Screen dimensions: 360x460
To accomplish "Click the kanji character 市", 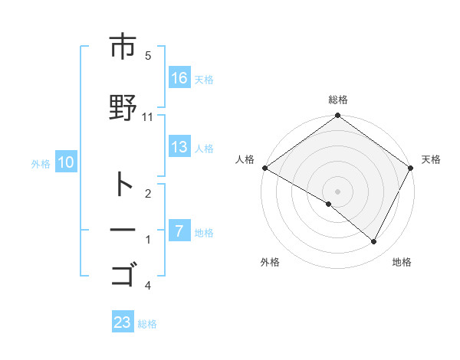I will pyautogui.click(x=123, y=47).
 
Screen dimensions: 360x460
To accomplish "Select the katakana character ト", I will pyautogui.click(x=123, y=185).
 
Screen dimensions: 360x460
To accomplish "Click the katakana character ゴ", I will pyautogui.click(x=123, y=273).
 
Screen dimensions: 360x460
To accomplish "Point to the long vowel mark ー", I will pyautogui.click(x=123, y=230).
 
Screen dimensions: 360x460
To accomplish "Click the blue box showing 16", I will pyautogui.click(x=179, y=78).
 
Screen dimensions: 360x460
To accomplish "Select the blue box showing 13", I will pyautogui.click(x=179, y=148).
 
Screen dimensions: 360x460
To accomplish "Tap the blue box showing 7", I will pyautogui.click(x=179, y=231).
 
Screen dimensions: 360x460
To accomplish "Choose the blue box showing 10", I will pyautogui.click(x=66, y=162).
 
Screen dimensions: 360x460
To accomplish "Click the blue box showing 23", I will pyautogui.click(x=123, y=322).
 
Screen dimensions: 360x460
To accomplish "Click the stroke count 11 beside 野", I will pyautogui.click(x=148, y=116).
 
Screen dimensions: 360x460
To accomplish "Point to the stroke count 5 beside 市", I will pyautogui.click(x=148, y=55).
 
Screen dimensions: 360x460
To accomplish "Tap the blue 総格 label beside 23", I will pyautogui.click(x=147, y=324).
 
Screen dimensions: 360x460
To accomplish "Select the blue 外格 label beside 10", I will pyautogui.click(x=41, y=163).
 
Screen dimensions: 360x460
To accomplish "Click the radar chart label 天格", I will pyautogui.click(x=432, y=159).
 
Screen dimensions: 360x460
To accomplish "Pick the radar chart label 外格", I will pyautogui.click(x=270, y=262).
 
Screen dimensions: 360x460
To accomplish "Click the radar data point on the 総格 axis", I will pyautogui.click(x=337, y=116).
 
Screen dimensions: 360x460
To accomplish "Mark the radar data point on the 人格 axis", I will pyautogui.click(x=264, y=168).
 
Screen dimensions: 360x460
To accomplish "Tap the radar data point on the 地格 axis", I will pyautogui.click(x=374, y=242).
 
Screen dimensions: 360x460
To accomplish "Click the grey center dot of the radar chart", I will pyautogui.click(x=337, y=191).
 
